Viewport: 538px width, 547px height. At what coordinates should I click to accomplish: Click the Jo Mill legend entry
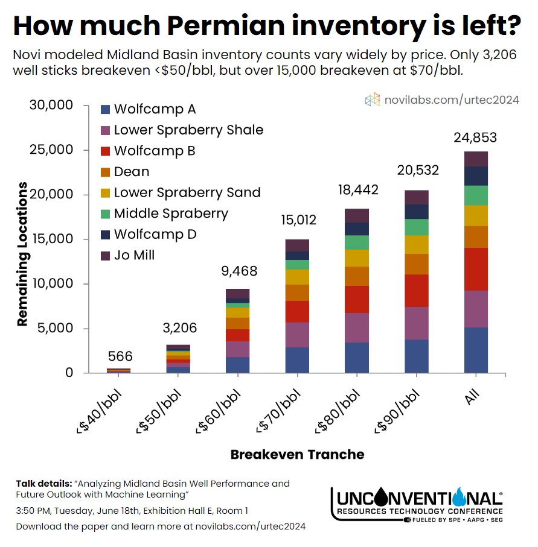pyautogui.click(x=134, y=255)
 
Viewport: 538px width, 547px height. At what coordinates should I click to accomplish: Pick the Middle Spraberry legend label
pyautogui.click(x=171, y=213)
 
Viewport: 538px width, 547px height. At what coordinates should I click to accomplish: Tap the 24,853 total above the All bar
pyautogui.click(x=475, y=138)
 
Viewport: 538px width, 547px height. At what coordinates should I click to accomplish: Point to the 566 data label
pyautogui.click(x=120, y=356)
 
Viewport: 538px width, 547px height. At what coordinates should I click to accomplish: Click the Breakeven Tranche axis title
pyautogui.click(x=297, y=455)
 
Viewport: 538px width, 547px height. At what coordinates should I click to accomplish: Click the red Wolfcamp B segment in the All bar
pyautogui.click(x=475, y=269)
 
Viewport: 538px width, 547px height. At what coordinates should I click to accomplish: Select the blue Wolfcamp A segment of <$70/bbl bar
pyautogui.click(x=297, y=360)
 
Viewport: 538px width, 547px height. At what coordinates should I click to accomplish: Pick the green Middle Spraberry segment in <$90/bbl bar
pyautogui.click(x=416, y=227)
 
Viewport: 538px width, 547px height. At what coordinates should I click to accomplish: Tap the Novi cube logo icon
pyautogui.click(x=372, y=100)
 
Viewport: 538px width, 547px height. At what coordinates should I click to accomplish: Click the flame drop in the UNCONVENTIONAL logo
pyautogui.click(x=460, y=497)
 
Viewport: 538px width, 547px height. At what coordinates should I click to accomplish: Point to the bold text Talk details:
pyautogui.click(x=43, y=484)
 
